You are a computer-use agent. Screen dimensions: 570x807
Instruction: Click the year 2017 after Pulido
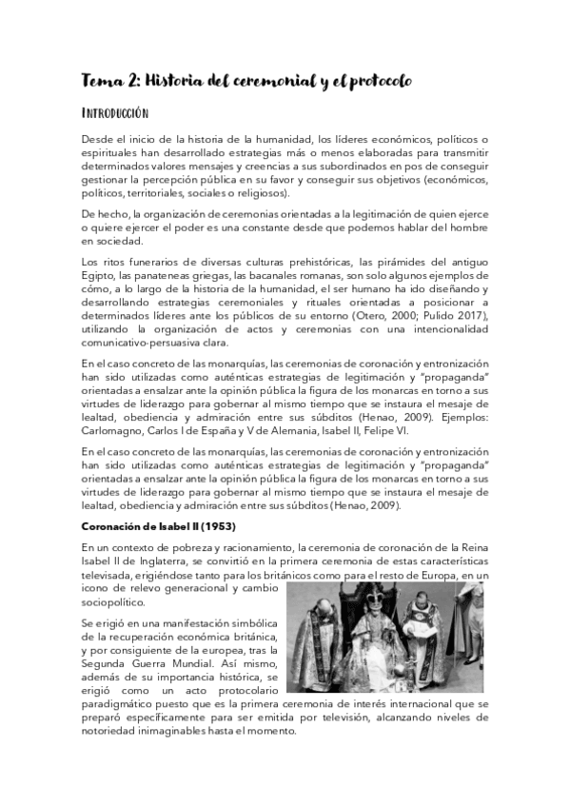pyautogui.click(x=459, y=315)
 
